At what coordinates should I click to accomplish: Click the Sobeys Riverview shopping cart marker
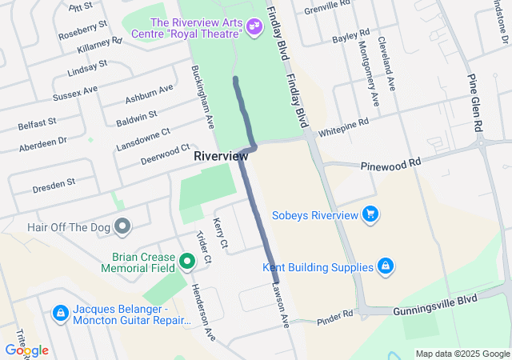[x=370, y=214]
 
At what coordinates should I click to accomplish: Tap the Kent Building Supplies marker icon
[x=385, y=265]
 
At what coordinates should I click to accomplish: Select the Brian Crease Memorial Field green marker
[x=186, y=261]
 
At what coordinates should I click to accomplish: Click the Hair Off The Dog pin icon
[x=122, y=227]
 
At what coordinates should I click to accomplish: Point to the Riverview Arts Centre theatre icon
[x=254, y=27]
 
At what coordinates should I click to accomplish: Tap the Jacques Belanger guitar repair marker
[x=60, y=313]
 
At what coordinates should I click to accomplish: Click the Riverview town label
[x=221, y=157]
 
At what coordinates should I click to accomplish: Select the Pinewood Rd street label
[x=390, y=162]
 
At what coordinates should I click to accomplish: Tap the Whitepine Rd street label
[x=343, y=127]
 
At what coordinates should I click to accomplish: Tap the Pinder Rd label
[x=334, y=317]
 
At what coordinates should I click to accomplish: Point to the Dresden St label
[x=54, y=182]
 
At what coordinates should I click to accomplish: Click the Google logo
[x=26, y=350]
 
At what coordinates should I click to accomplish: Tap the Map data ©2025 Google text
[x=462, y=354]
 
